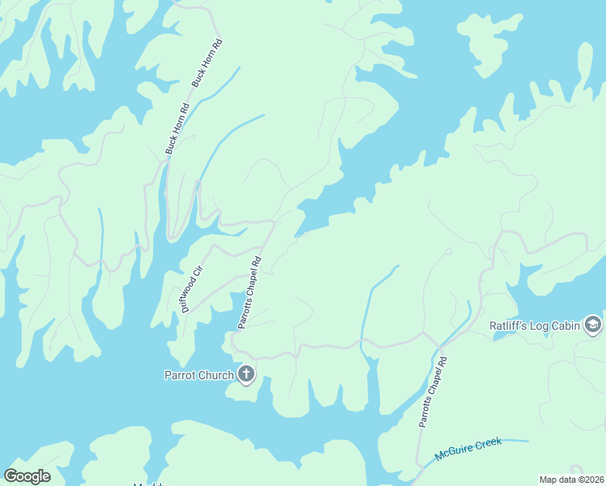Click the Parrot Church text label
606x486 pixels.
tap(199, 375)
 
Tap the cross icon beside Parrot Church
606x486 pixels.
tap(246, 374)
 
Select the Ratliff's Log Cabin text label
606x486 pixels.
tap(535, 326)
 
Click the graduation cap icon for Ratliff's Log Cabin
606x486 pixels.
tap(593, 325)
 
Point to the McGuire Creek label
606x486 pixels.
tap(468, 449)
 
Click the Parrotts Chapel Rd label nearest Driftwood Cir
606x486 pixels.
tap(248, 293)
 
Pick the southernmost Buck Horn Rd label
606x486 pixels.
tap(177, 128)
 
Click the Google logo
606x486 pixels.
tap(27, 476)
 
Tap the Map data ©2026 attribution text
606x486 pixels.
tap(571, 479)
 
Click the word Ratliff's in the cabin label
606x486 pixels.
tap(509, 326)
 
